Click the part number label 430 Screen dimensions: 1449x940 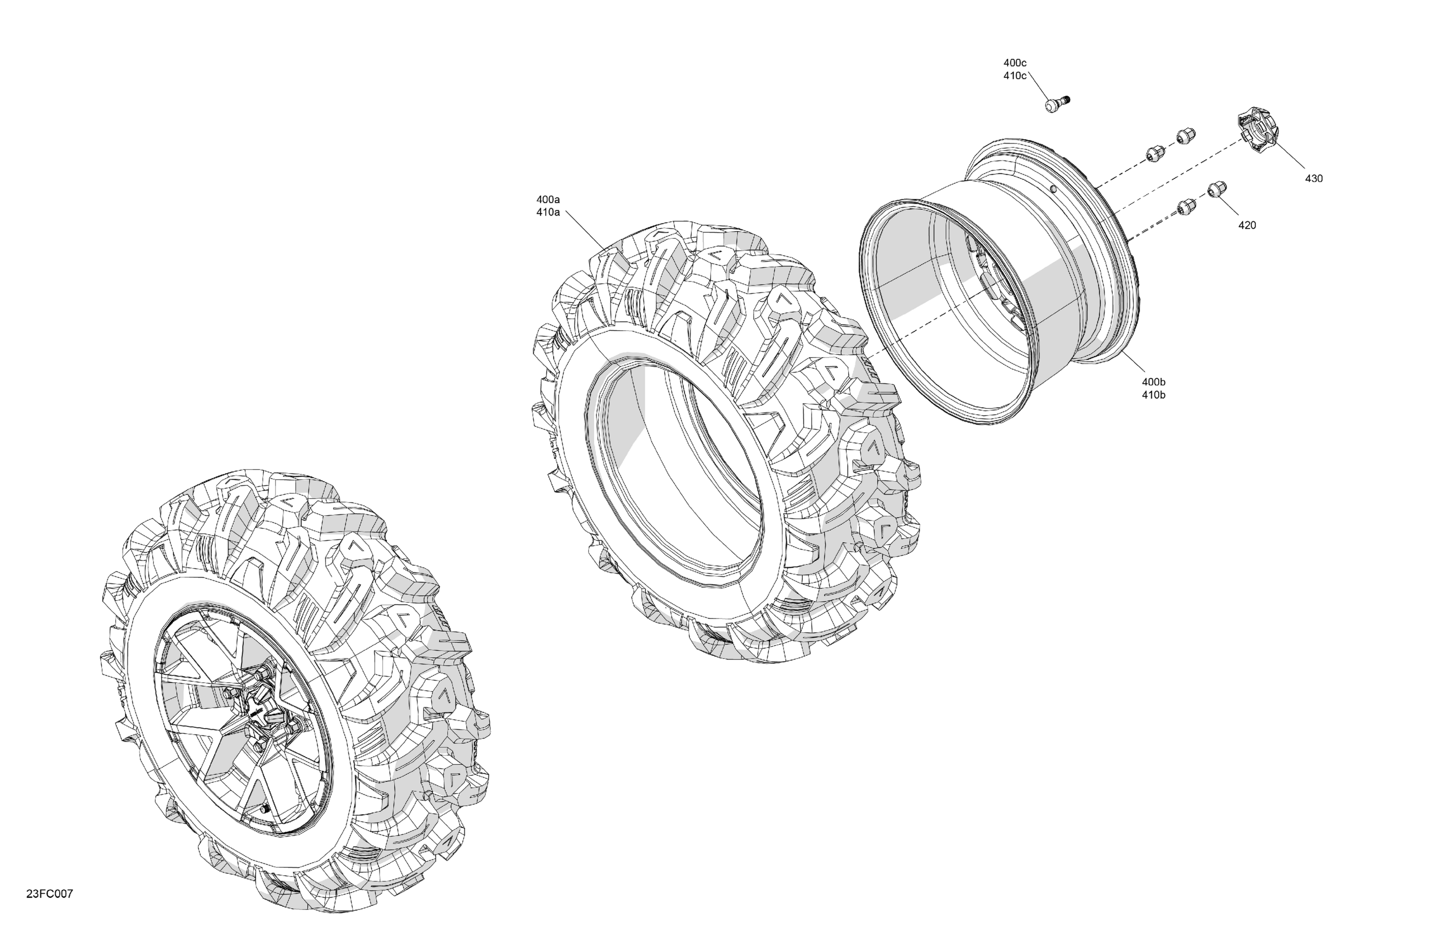[x=1314, y=178]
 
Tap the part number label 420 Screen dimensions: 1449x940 [x=1247, y=225]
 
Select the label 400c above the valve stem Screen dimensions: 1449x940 [x=1015, y=63]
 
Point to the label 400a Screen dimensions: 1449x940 [x=548, y=199]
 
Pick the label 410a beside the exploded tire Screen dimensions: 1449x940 [x=548, y=213]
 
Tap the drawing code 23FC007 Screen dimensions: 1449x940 [x=49, y=894]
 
